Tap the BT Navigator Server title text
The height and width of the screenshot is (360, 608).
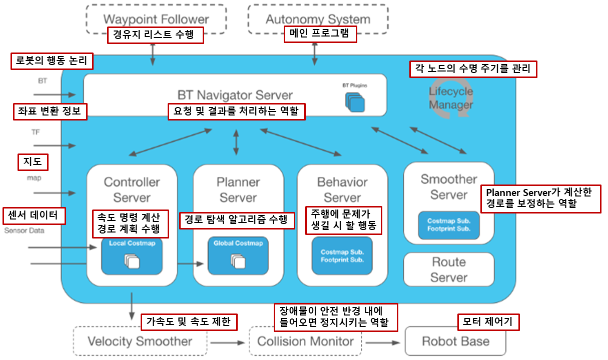[235, 95]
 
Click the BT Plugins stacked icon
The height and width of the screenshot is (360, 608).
[355, 101]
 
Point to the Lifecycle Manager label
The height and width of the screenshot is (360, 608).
[450, 98]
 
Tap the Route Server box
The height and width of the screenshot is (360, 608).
[448, 269]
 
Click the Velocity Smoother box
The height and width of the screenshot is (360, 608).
[140, 342]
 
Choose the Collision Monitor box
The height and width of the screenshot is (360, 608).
[305, 342]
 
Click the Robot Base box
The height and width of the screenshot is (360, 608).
[455, 342]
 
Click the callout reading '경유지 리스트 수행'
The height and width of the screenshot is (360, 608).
[156, 35]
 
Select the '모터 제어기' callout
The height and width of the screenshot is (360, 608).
[488, 322]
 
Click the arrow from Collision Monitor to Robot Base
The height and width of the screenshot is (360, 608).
[383, 343]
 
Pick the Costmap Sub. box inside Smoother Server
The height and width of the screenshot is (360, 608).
[448, 225]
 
